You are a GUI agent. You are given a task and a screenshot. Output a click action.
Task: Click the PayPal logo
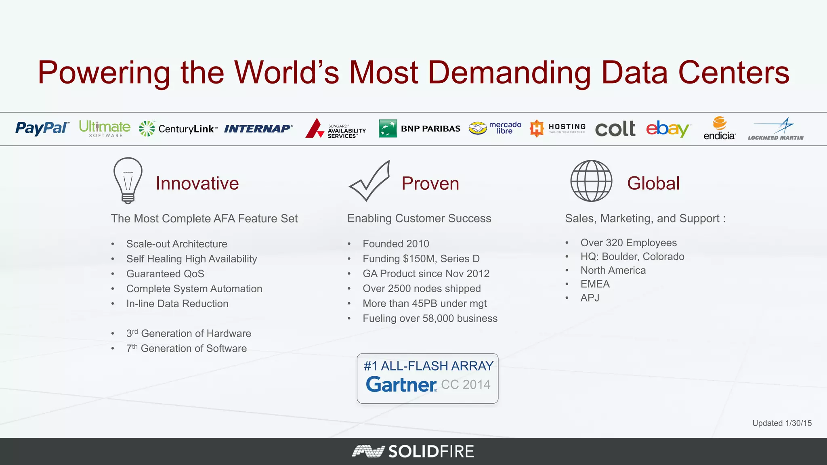tap(42, 128)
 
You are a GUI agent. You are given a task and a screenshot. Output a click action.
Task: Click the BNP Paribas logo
tap(420, 128)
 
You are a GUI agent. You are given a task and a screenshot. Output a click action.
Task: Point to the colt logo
tap(615, 129)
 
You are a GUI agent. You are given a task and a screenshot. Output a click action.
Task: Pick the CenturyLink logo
tap(178, 129)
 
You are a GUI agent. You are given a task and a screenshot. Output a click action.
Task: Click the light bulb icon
tap(128, 180)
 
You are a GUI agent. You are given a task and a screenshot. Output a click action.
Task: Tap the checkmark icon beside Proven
tap(369, 181)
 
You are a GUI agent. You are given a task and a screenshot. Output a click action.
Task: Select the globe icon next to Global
tap(591, 181)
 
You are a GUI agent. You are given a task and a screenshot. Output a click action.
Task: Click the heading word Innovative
tap(197, 183)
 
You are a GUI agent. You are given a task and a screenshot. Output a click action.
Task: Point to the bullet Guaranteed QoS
tap(165, 274)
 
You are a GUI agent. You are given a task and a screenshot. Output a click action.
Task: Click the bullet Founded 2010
tap(396, 244)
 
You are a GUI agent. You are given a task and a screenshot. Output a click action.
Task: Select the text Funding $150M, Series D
tap(421, 259)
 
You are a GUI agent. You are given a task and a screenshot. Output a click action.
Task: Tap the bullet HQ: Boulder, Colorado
tap(632, 257)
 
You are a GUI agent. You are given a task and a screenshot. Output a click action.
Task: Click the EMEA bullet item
tap(595, 284)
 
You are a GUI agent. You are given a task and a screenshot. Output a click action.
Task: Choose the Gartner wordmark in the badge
tap(401, 384)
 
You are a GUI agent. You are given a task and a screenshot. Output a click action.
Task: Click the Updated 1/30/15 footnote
tap(782, 423)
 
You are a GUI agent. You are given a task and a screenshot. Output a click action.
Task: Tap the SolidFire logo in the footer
tap(413, 451)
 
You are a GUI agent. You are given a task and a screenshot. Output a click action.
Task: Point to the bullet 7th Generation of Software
tap(186, 348)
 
